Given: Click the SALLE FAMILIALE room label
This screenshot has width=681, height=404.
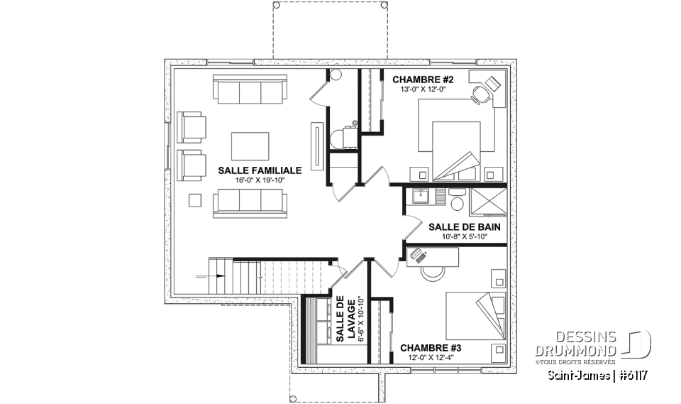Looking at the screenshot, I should tap(260, 170).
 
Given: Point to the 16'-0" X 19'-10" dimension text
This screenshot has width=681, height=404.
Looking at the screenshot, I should tap(260, 180).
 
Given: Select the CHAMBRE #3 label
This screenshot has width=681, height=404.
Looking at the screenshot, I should tap(431, 348).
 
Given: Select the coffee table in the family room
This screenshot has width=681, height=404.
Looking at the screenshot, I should tap(249, 146).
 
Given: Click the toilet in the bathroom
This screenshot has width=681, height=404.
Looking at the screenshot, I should tap(457, 204).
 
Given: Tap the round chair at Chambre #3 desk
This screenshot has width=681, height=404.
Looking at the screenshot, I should tap(430, 272).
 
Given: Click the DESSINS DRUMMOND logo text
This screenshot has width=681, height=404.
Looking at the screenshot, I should tap(575, 344).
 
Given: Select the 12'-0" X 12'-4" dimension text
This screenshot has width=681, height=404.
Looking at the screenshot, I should tap(431, 358).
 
